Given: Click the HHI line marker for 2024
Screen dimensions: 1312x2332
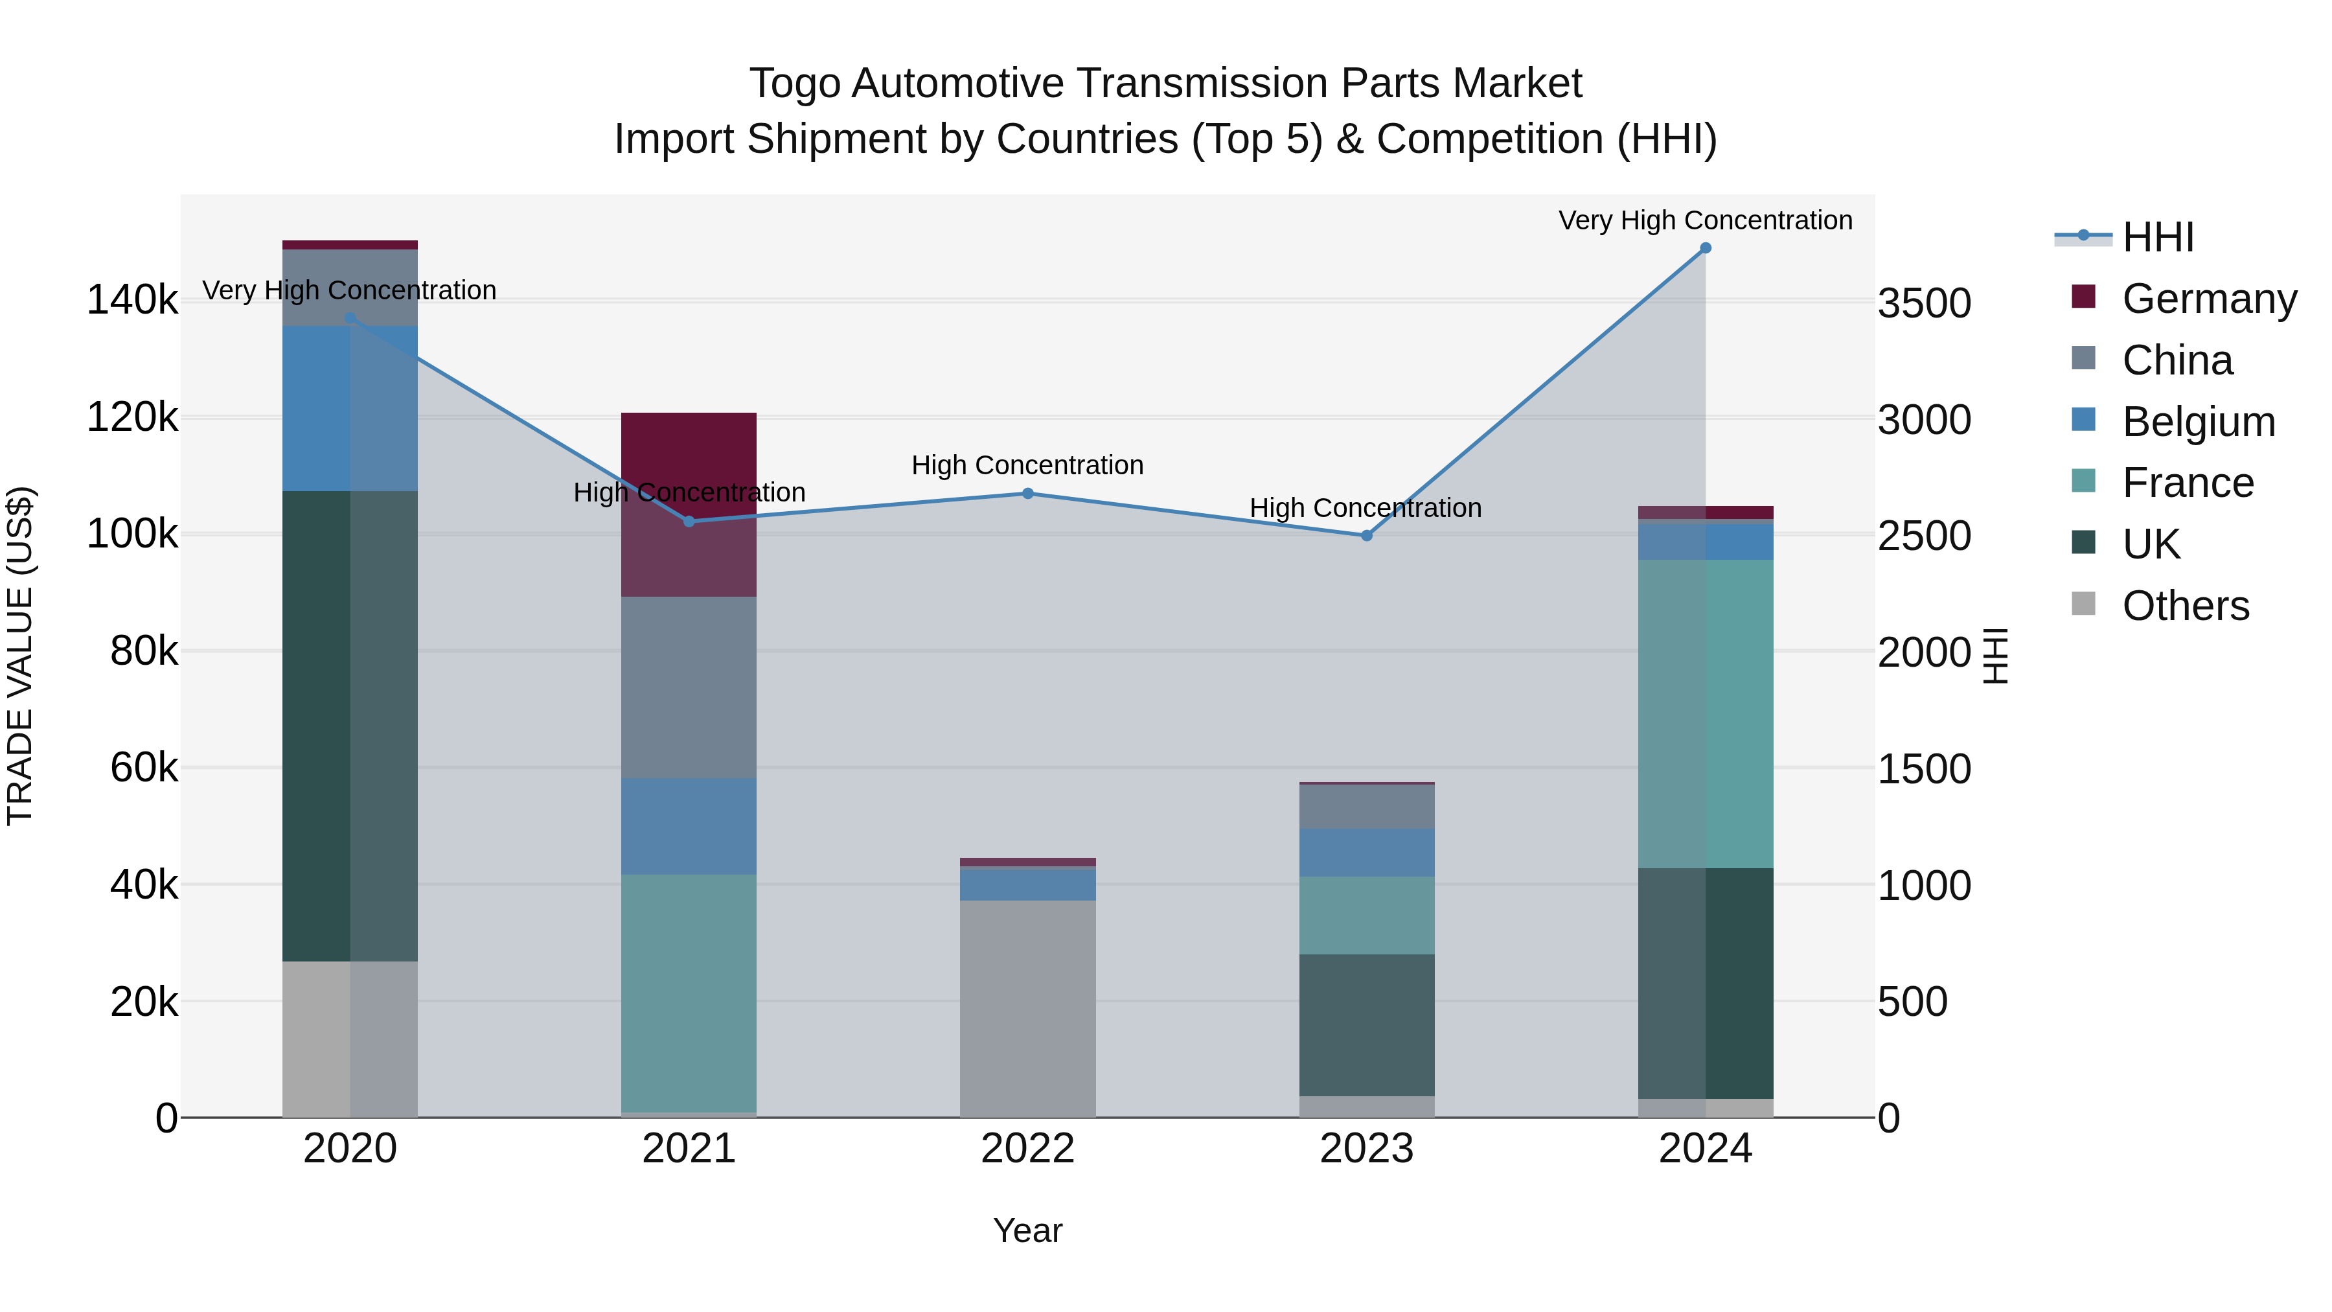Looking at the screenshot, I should coord(1705,248).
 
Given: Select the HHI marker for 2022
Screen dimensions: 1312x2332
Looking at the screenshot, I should coord(1027,494).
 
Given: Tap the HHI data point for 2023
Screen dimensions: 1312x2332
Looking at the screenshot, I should coord(1366,536).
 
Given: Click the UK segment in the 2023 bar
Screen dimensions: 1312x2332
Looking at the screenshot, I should coord(1366,1025).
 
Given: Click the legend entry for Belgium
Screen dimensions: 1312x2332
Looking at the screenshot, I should coord(2198,422).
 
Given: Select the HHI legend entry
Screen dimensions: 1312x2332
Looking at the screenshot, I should coord(2157,237).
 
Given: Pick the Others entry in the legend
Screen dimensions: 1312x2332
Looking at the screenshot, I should coord(2184,606).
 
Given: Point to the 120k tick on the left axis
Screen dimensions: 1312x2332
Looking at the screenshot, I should coord(132,417).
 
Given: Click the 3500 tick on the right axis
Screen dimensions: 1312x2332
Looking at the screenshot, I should coord(1924,303).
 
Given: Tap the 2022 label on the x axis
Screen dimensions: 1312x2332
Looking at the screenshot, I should coord(1027,1149).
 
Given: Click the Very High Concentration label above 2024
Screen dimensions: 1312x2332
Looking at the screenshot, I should coord(1705,220).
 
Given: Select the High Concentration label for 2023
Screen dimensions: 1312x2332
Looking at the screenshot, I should coord(1365,508).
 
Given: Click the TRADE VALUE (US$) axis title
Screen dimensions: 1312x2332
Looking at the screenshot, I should coord(20,656).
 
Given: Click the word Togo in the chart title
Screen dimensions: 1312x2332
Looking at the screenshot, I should coord(794,84).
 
